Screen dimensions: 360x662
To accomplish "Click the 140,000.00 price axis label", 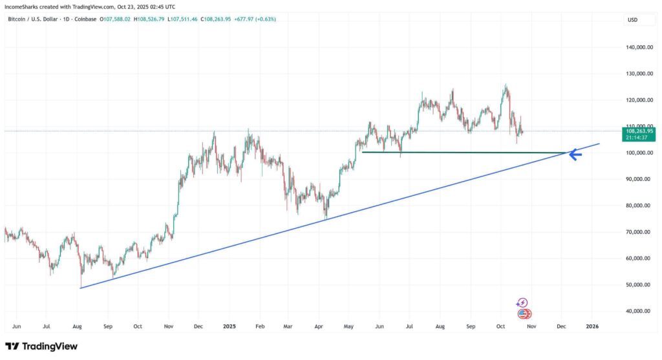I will pos(639,48).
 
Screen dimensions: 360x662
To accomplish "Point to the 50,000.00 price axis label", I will pos(639,285).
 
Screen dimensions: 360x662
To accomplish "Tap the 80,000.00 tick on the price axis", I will pos(639,206).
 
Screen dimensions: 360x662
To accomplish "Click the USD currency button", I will pos(632,20).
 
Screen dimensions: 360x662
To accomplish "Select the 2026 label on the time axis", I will pos(592,327).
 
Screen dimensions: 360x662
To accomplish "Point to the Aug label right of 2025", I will pos(440,327).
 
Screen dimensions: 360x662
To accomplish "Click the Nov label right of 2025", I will pos(531,327).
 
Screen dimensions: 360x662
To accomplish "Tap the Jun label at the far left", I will pos(17,327).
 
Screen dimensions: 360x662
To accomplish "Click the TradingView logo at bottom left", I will pos(41,346).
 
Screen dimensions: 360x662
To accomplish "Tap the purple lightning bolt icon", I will pos(522,302).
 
